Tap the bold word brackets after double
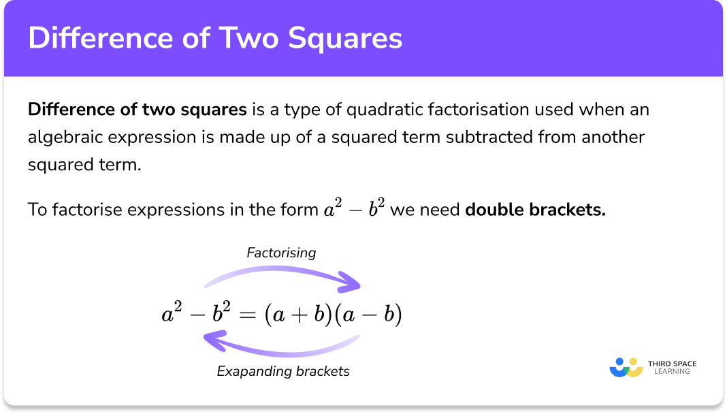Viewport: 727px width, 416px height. point(572,210)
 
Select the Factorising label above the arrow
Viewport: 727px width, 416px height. point(281,253)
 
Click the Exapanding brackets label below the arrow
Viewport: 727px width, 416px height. point(283,371)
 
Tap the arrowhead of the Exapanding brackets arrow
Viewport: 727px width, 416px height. point(213,338)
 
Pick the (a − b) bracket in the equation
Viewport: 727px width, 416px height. point(368,315)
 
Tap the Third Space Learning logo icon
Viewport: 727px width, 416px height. point(626,367)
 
